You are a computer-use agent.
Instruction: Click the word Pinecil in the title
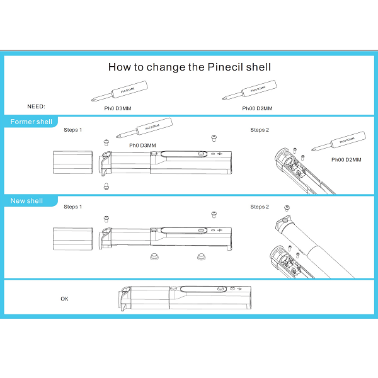coord(229,67)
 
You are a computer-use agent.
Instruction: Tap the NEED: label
coord(37,107)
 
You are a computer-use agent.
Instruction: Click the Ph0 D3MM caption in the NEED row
coord(117,108)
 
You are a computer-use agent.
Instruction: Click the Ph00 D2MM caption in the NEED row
coord(257,108)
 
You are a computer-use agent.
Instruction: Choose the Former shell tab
coord(31,122)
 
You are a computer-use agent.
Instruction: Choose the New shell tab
coord(27,201)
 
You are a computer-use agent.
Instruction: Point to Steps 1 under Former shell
coord(72,130)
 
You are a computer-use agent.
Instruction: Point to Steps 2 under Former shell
coord(259,130)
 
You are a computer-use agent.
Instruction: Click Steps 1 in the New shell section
coord(72,207)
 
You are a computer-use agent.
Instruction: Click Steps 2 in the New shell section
coord(259,207)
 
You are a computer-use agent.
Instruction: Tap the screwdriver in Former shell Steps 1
coord(139,129)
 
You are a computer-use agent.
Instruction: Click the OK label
coord(64,299)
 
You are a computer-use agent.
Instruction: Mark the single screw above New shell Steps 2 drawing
coord(287,207)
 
